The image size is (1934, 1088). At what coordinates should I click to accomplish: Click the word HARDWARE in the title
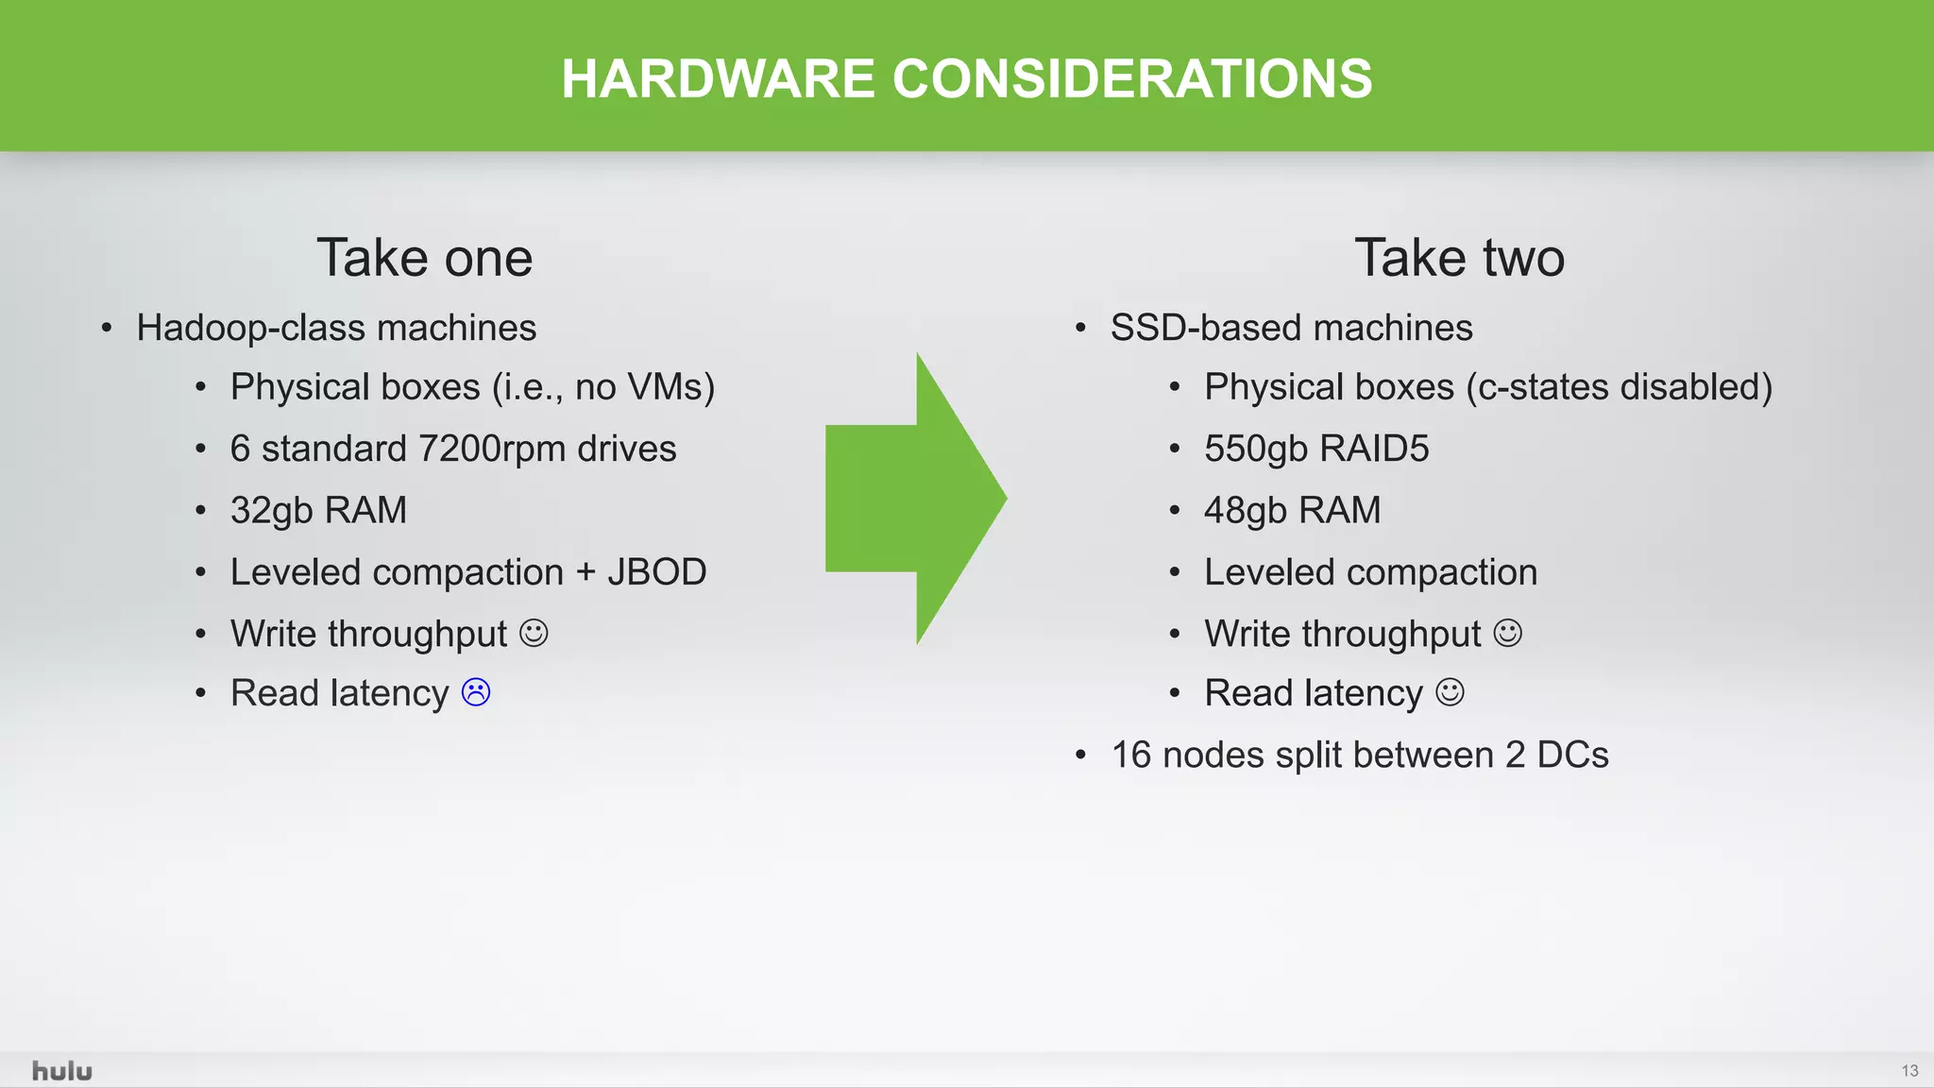(x=718, y=78)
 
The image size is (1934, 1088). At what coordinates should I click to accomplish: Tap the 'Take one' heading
(x=424, y=258)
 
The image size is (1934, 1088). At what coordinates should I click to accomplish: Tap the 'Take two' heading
(x=1459, y=258)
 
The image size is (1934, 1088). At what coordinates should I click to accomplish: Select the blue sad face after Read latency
(x=476, y=692)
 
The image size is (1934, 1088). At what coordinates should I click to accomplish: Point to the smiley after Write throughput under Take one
(x=534, y=633)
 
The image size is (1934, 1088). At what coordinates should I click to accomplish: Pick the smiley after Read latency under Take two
(x=1450, y=692)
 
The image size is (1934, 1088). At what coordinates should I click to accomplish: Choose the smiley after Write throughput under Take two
(x=1507, y=633)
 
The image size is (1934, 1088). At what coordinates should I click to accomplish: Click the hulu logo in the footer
(x=62, y=1071)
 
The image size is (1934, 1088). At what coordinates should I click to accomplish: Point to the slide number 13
(x=1909, y=1071)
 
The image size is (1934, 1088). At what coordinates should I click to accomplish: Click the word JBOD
(x=656, y=572)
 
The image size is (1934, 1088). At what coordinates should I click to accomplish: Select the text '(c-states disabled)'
(x=1619, y=387)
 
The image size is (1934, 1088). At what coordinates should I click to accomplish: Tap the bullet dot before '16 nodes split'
(x=1081, y=756)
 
